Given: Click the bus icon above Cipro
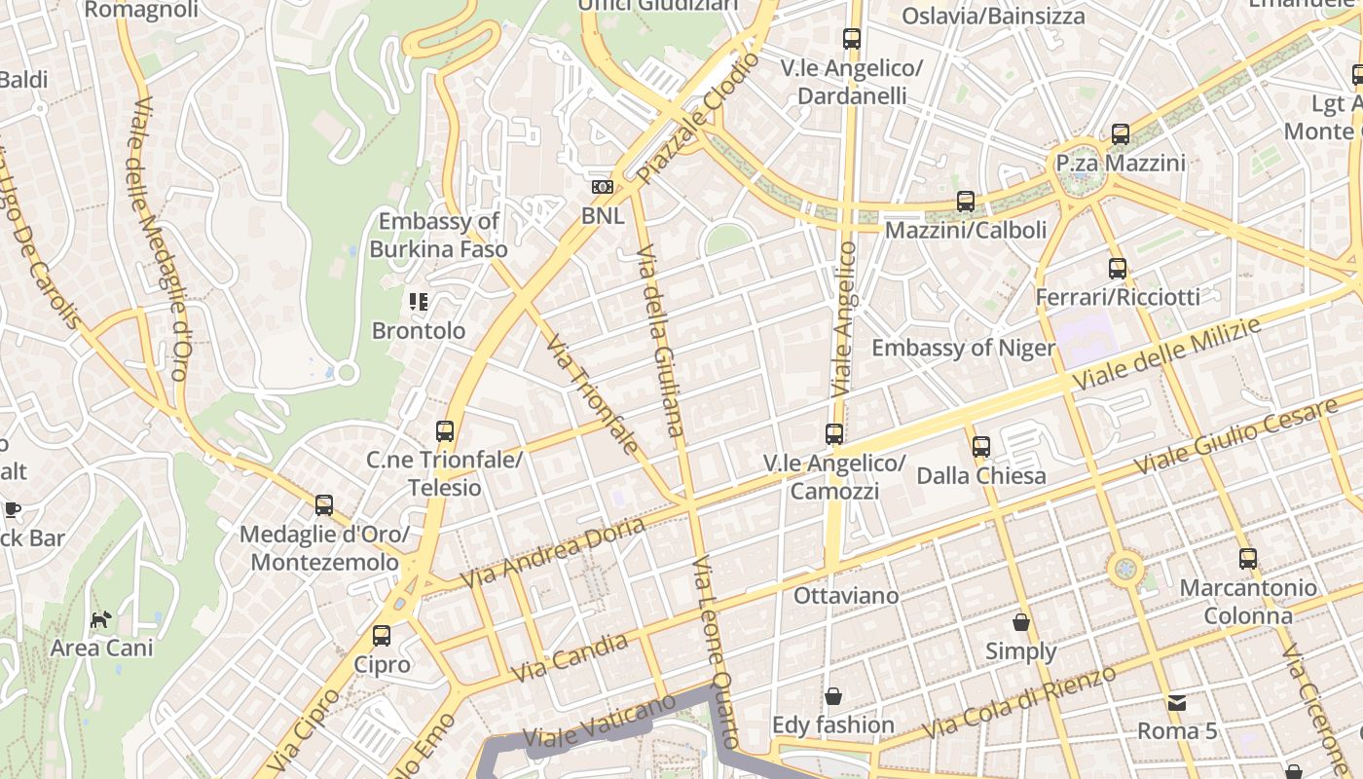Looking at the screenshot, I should coord(382,636).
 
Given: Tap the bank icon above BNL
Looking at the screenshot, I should coord(603,187).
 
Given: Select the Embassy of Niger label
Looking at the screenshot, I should coord(963,348).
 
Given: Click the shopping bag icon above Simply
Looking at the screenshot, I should coord(1021,621).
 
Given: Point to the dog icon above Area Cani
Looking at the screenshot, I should coord(100,618).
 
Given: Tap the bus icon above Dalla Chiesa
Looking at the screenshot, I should coord(981,447).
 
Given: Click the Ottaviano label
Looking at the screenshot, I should coord(846,594).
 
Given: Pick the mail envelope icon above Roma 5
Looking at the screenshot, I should coord(1177,702).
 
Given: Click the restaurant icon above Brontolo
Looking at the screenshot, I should coord(419,302).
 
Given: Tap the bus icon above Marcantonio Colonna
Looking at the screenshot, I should coord(1248,559).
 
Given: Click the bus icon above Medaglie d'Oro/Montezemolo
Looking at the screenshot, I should coord(324,505).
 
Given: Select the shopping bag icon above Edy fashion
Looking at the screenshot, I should coord(833,696).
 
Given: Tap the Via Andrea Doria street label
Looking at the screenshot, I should coord(552,553).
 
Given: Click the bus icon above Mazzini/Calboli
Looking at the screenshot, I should coord(966,202).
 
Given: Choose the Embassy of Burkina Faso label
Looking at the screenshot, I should coord(438,235).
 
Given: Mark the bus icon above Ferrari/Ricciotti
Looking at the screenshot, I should coord(1118,268).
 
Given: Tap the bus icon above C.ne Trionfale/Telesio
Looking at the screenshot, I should coord(445,430).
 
